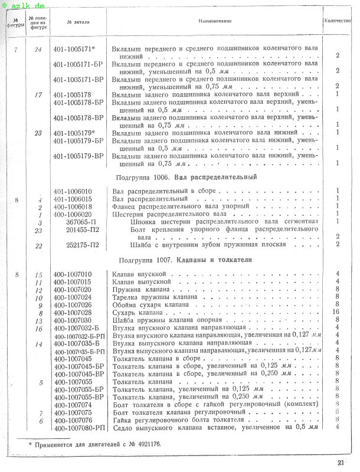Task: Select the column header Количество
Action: (338, 21)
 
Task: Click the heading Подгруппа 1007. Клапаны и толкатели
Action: (185, 260)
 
